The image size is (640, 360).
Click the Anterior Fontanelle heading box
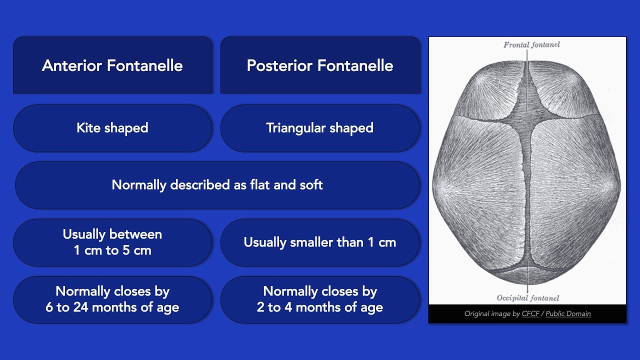112,65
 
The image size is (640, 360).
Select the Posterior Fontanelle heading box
320,65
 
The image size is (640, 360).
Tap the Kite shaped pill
112,128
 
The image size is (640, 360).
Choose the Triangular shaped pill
320,128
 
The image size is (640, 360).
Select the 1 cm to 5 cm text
112,250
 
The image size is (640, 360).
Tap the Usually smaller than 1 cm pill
320,242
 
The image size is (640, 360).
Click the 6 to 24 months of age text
112,307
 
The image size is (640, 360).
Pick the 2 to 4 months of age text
320,307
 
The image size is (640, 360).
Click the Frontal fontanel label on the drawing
531,44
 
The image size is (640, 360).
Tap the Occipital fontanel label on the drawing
527,298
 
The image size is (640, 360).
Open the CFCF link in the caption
530,314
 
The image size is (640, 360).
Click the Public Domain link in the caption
568,314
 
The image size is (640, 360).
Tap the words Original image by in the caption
492,314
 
